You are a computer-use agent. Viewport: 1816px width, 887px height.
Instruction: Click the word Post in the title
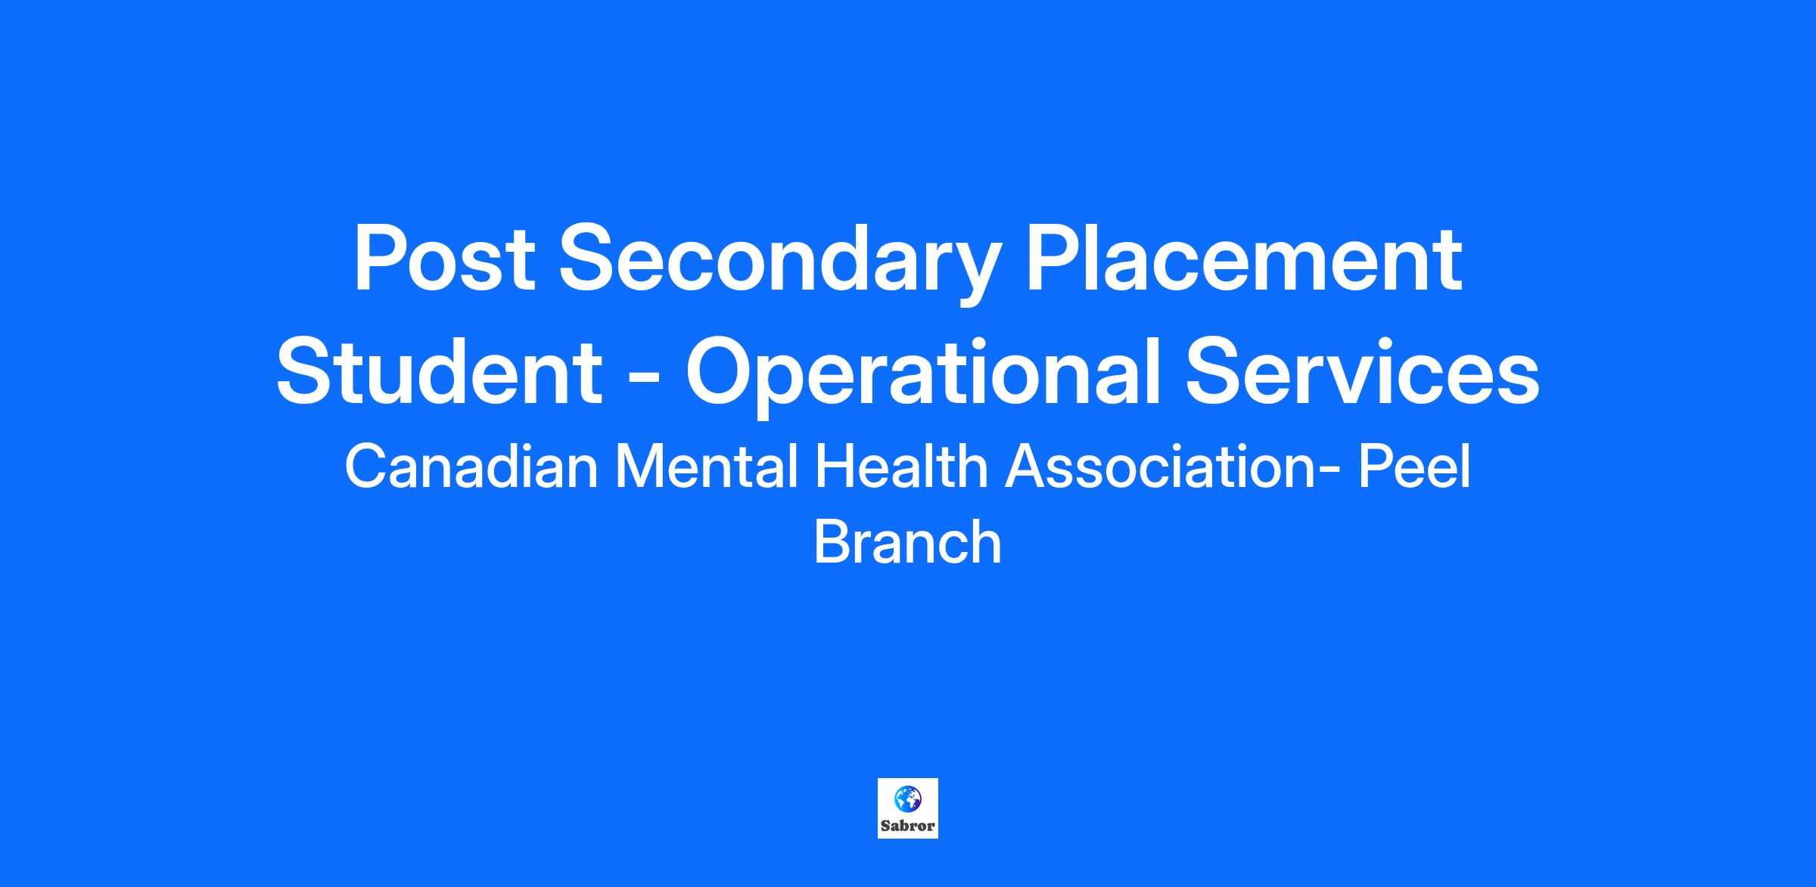(444, 259)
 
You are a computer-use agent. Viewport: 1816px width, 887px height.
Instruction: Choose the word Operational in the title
(922, 378)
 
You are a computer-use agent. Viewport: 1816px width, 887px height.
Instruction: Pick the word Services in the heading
(1362, 372)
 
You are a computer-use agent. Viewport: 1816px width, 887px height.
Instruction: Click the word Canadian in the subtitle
(471, 467)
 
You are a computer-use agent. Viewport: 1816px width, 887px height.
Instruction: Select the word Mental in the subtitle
(707, 467)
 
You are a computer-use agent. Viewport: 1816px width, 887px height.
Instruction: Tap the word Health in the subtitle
(901, 467)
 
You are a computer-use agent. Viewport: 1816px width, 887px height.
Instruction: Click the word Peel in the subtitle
(1414, 467)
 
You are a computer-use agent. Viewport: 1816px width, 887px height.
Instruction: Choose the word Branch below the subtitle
(908, 541)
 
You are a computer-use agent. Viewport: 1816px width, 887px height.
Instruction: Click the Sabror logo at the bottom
(908, 808)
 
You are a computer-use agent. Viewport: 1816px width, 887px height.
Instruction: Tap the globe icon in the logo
(908, 798)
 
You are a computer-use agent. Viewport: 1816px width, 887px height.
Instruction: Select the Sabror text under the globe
(908, 826)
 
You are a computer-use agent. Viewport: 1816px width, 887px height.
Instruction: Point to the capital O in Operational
(720, 372)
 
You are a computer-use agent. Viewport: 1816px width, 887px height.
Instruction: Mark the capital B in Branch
(833, 541)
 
